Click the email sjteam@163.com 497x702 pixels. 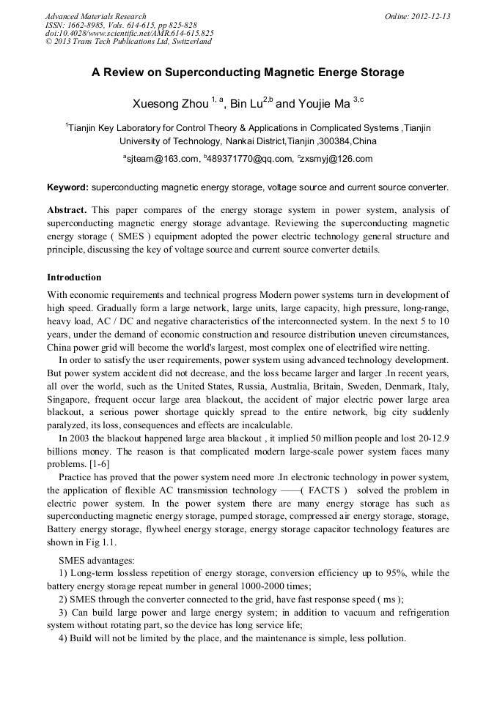pos(162,159)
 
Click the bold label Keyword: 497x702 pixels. pos(67,187)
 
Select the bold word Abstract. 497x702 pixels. pos(67,210)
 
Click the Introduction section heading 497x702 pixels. pos(74,277)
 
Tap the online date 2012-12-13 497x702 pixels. pos(433,16)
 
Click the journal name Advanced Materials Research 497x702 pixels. pos(95,16)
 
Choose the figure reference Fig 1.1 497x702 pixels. pos(99,542)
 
